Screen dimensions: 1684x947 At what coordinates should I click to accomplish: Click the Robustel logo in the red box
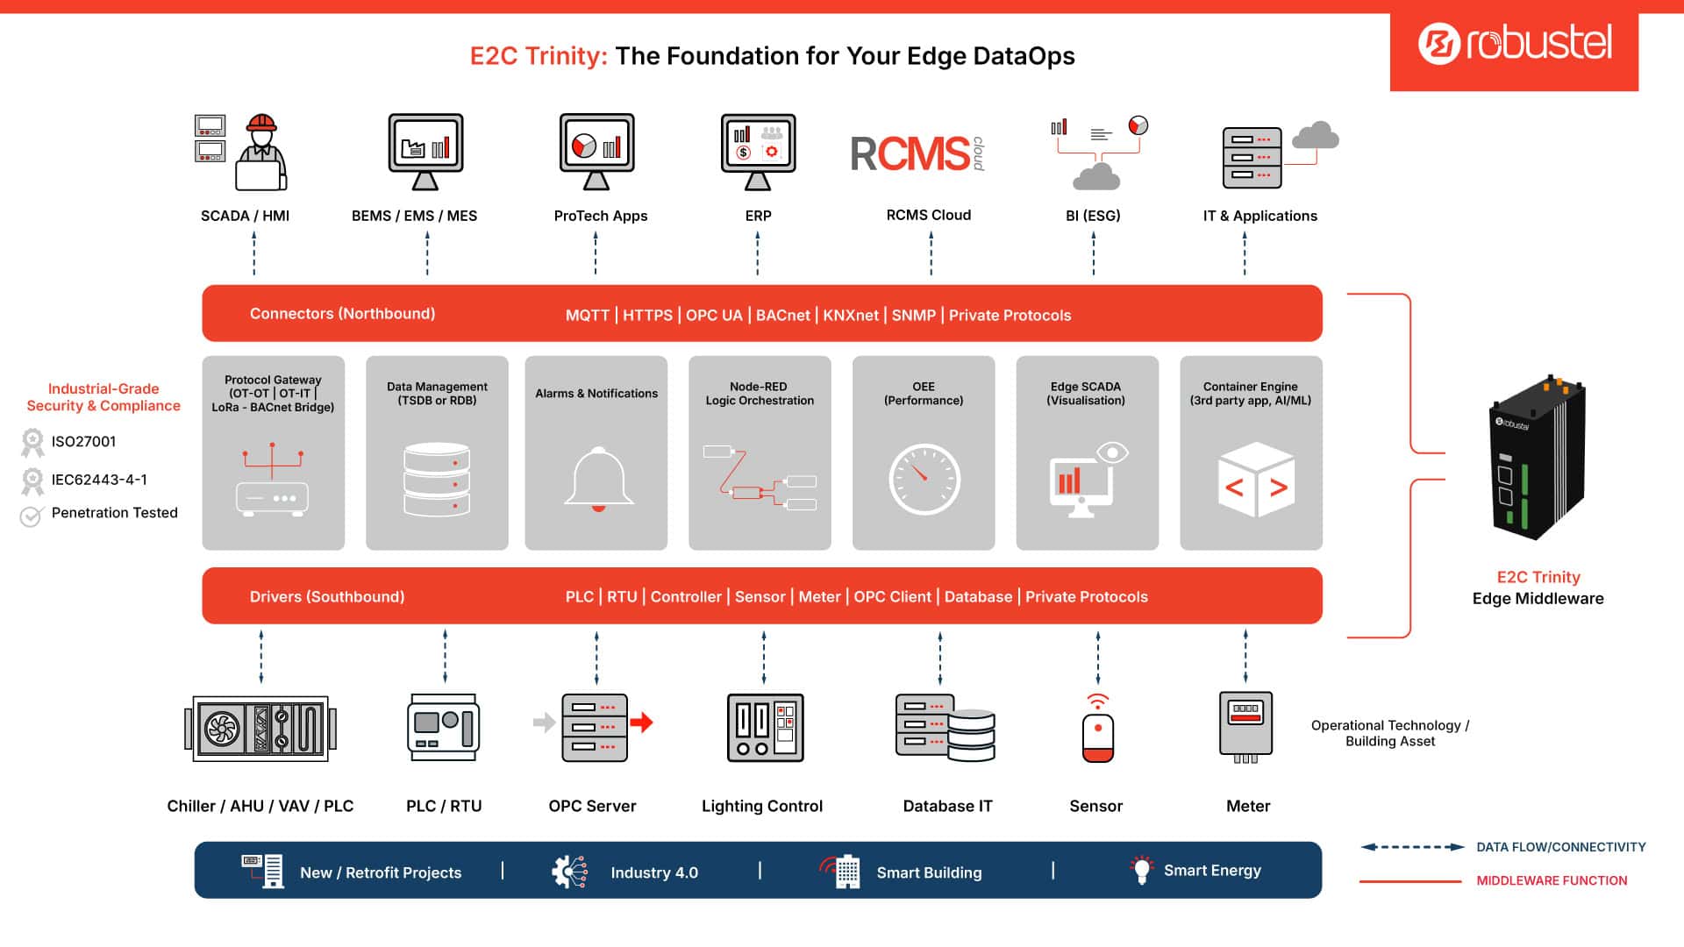[1515, 43]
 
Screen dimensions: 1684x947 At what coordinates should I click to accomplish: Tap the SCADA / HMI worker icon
[260, 152]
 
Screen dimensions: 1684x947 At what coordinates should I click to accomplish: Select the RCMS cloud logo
[917, 153]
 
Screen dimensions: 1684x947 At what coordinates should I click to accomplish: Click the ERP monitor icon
[758, 152]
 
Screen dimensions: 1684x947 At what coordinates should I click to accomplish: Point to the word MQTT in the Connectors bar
[587, 316]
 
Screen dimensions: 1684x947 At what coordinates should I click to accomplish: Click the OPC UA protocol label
[714, 316]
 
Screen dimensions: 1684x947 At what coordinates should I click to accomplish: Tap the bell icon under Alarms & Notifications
[598, 479]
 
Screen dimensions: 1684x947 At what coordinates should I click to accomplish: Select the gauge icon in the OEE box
[924, 480]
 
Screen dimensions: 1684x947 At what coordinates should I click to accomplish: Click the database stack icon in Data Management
[437, 479]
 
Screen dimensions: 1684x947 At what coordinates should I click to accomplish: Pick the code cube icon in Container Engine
[1256, 480]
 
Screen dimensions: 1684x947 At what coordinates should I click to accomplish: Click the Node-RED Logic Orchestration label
[760, 394]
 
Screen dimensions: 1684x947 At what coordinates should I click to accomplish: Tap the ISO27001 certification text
[83, 442]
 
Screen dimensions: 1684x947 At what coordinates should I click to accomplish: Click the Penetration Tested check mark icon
[31, 516]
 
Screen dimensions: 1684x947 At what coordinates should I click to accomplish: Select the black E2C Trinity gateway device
[1538, 457]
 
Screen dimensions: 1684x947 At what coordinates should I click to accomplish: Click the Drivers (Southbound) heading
[327, 597]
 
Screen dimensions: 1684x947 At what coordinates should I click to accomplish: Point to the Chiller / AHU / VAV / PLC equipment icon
[260, 728]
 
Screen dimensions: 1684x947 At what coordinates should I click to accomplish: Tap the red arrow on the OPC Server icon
[642, 723]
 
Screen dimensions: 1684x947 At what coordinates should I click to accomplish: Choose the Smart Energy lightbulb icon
[1141, 870]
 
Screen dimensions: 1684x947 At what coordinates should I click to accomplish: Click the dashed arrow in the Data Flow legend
[1412, 847]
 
